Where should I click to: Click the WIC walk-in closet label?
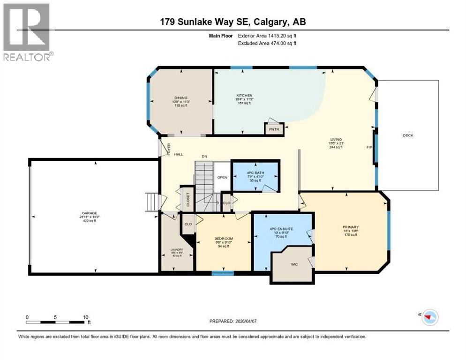(294, 264)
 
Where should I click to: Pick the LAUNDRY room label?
(177, 250)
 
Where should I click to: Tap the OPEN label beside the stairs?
(222, 177)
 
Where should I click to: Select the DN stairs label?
(204, 156)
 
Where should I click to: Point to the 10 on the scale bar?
(85, 317)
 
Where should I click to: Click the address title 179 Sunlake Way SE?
(233, 22)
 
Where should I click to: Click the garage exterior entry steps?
(153, 202)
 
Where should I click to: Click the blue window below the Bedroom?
(222, 273)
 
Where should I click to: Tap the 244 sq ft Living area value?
(336, 147)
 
